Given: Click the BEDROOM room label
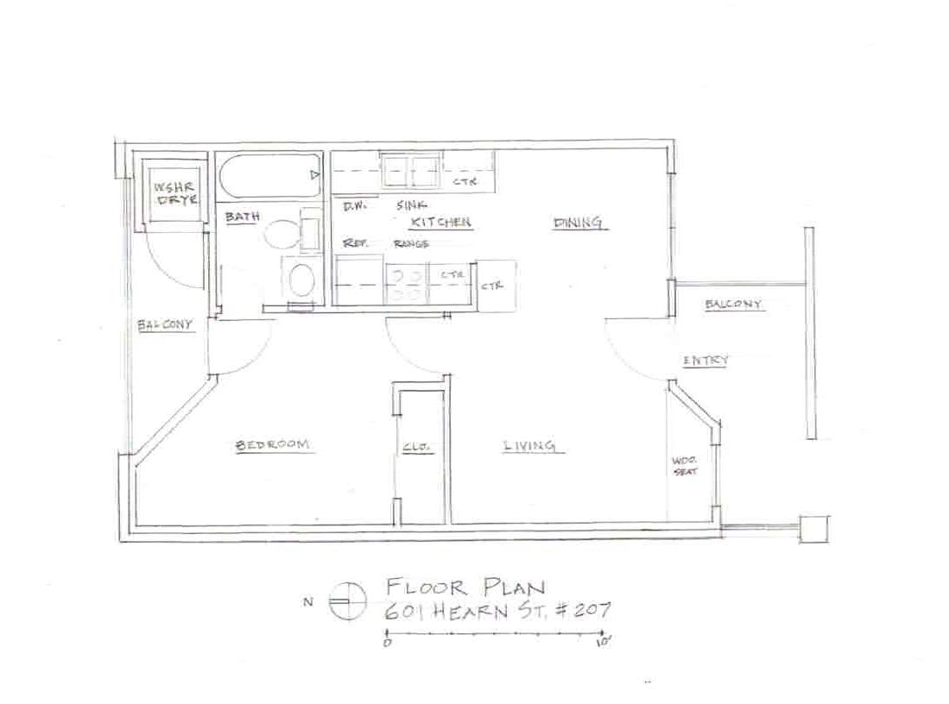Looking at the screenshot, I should coord(272,445).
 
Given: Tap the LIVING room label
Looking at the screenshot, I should coord(529,446).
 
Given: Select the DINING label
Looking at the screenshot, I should coord(578,223).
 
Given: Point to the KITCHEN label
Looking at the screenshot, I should coord(441,223).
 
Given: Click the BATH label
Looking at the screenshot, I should coord(241,217).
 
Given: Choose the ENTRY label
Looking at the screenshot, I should coord(705,361).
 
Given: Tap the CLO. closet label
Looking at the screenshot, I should coord(416,447).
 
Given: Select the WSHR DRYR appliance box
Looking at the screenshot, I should coord(175,192).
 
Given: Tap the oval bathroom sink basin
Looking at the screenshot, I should coord(299,280).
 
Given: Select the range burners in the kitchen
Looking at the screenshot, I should coord(407,284).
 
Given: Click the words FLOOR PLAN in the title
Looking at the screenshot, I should coord(465,588).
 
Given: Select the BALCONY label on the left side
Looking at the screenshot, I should coord(164,325).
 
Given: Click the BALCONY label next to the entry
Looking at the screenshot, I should coord(732,304).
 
